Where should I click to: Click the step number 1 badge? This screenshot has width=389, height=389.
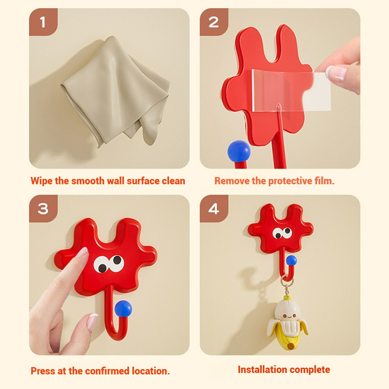(x=43, y=22)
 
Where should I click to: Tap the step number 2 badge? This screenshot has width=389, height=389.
(x=214, y=22)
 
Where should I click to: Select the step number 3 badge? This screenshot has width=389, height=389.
(x=43, y=209)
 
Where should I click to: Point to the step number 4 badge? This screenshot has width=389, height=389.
(x=214, y=209)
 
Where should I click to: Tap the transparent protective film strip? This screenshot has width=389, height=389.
(x=291, y=91)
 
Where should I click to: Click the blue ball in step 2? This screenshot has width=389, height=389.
(x=239, y=151)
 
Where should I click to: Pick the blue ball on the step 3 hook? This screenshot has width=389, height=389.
(x=124, y=308)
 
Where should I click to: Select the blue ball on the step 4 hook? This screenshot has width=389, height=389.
(x=291, y=260)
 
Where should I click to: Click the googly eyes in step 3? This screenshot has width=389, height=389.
(x=109, y=264)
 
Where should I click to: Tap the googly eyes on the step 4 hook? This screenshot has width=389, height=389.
(x=283, y=233)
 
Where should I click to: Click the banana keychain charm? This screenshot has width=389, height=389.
(x=288, y=322)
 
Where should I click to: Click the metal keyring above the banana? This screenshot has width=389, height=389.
(x=287, y=281)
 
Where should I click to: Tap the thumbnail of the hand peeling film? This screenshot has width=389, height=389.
(x=336, y=73)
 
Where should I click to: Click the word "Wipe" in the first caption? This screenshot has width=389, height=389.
(x=42, y=181)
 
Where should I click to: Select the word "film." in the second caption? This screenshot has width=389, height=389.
(x=324, y=181)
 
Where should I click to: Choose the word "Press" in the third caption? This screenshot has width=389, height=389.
(x=43, y=371)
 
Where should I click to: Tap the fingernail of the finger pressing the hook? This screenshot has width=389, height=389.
(x=82, y=252)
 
